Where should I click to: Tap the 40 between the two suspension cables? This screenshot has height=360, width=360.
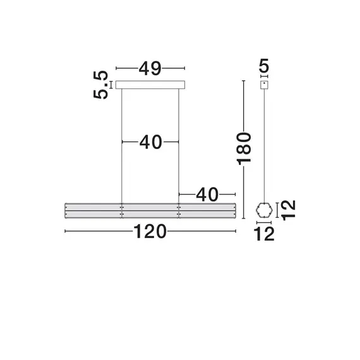(150, 143)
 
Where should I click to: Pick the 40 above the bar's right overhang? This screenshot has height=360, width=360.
(207, 194)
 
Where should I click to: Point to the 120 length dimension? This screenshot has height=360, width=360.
(150, 232)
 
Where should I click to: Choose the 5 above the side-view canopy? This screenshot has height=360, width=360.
(264, 65)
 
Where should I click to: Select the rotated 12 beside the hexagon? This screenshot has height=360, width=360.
(287, 210)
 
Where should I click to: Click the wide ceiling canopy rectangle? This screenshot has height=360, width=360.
(150, 85)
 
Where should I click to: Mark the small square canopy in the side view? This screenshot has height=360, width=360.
(264, 85)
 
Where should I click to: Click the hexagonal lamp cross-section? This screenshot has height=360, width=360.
(264, 210)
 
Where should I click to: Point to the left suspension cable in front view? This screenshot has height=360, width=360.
(121, 145)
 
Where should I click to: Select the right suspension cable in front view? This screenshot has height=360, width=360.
(179, 145)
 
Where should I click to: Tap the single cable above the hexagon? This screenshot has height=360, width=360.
(264, 145)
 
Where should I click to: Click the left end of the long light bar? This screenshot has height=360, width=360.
(67, 210)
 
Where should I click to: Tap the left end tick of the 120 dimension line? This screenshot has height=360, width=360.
(65, 232)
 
